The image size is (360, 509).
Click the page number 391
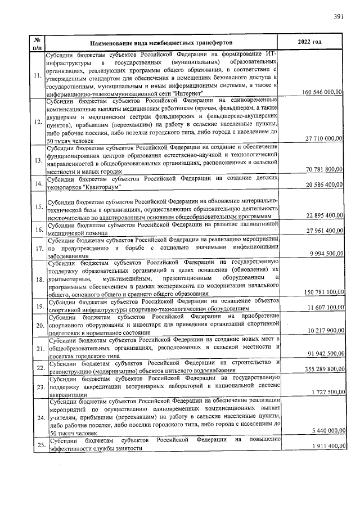click(x=339, y=17)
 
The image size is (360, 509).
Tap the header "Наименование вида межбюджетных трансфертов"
click(x=161, y=43)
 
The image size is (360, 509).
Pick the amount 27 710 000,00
click(x=324, y=138)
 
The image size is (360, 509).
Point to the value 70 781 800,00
click(x=324, y=169)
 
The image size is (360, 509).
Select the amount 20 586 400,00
click(x=324, y=184)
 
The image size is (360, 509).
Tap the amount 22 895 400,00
click(x=324, y=215)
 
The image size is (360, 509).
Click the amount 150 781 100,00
click(x=322, y=292)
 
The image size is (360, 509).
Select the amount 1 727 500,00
click(x=326, y=391)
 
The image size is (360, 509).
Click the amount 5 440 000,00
click(x=326, y=430)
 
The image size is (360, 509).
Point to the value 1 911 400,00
click(x=326, y=445)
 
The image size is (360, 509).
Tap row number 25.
click(x=38, y=445)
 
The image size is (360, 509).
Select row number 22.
click(x=38, y=368)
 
